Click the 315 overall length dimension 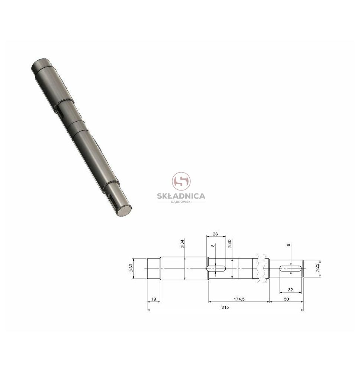click(x=225, y=308)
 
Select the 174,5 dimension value click(x=239, y=299)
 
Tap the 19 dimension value click(x=154, y=299)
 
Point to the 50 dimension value click(x=286, y=299)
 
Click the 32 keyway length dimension click(x=290, y=290)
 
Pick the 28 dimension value click(x=215, y=234)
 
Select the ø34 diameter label click(x=182, y=244)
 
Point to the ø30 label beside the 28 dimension click(x=229, y=244)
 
